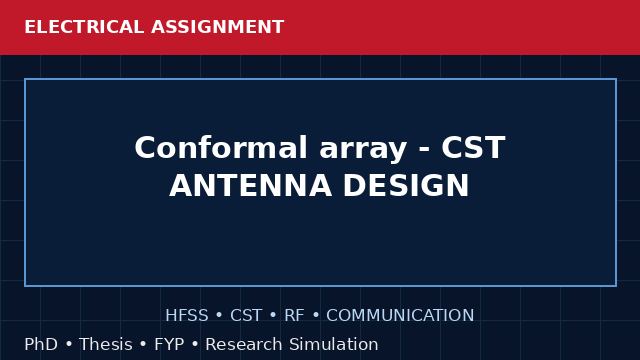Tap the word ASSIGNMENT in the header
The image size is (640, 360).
[218, 27]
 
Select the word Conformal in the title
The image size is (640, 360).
[221, 147]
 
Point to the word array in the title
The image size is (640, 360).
[363, 150]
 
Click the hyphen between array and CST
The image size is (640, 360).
[424, 150]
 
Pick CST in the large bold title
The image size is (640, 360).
[473, 147]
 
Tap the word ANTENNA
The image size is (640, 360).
[250, 186]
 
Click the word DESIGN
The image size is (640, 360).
[407, 186]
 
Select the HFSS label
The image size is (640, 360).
[187, 316]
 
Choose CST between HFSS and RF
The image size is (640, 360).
[246, 316]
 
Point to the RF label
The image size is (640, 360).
[294, 316]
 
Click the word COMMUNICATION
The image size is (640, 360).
[400, 316]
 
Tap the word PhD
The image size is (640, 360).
[41, 344]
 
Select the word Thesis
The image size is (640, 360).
[106, 344]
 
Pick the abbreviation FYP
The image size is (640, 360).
[169, 344]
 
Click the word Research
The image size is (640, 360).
[244, 344]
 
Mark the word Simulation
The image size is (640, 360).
[334, 344]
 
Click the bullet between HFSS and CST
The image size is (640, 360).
[219, 316]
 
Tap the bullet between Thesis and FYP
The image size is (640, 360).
[143, 344]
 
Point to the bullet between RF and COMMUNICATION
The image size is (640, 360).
[316, 316]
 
